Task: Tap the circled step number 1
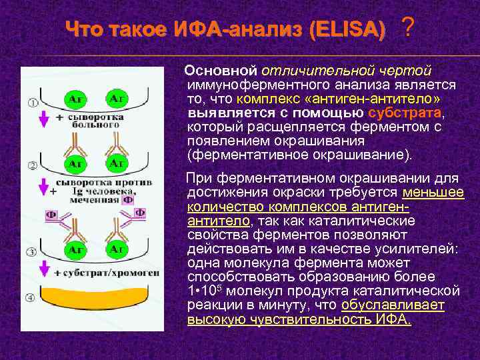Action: coord(32,103)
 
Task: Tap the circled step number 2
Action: coord(32,165)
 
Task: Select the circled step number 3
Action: coord(32,252)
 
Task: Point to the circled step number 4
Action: coord(32,297)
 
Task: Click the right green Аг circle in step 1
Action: coord(117,99)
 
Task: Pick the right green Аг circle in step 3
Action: coord(117,249)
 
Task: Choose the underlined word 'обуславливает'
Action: coord(393,306)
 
